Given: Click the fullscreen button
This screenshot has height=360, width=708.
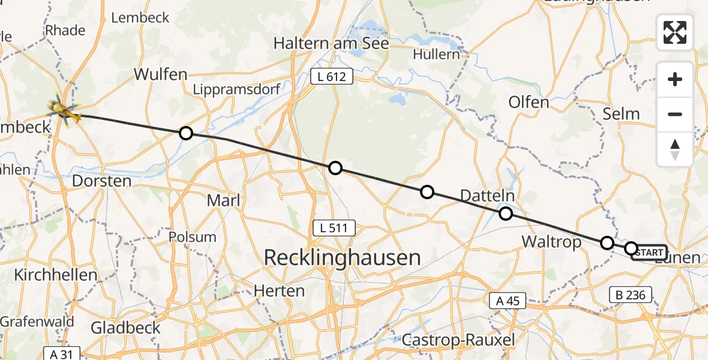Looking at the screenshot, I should pos(675,32).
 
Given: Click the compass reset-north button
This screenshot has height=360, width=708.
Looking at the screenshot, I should pos(675,149).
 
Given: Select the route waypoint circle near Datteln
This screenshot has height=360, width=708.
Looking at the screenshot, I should pos(506,214).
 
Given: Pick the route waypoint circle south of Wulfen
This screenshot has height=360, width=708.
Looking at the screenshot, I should pos(186,133).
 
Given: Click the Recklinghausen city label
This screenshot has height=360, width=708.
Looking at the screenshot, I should pos(342,258).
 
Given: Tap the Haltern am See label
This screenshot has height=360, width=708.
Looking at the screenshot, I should pos(331,43).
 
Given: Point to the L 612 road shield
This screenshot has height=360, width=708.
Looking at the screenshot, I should pos(332,76).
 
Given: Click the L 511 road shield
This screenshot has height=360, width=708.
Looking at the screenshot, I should pos(334,228).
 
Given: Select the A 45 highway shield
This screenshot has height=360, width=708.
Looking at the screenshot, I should pos(507,301).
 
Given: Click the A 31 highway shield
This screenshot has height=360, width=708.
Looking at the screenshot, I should pos(62,354).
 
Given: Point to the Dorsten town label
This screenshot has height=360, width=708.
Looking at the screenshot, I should pos(101,181).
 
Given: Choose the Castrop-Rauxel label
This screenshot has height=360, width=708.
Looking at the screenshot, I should pos(458,340).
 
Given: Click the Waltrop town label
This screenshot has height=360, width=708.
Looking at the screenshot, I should pos(551,242).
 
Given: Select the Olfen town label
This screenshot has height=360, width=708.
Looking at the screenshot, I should pos(529,102).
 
